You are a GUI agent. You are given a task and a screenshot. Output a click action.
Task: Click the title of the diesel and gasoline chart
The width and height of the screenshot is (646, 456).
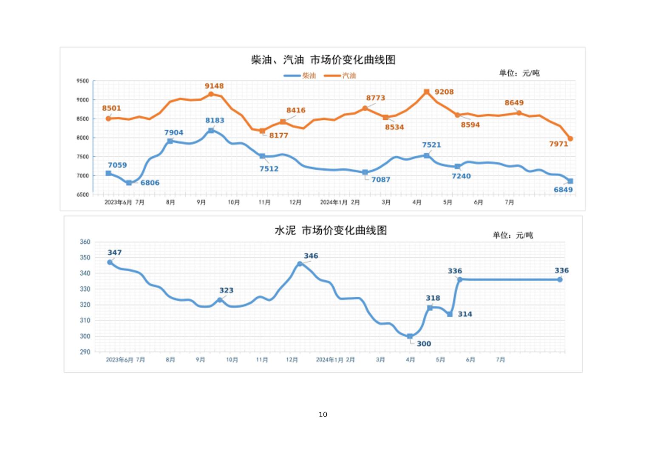click(323, 60)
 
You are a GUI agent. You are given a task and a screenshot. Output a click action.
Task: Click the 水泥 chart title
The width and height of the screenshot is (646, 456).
click(331, 231)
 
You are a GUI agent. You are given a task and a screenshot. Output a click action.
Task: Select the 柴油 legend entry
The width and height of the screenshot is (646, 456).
click(300, 76)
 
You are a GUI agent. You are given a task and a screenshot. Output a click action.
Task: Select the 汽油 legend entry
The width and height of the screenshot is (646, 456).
click(340, 76)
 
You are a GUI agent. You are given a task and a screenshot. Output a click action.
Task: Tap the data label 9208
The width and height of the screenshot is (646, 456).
click(444, 92)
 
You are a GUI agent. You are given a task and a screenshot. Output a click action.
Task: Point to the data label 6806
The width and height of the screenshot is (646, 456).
click(150, 183)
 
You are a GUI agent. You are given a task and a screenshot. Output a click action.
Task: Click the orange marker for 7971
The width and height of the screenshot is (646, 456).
click(570, 139)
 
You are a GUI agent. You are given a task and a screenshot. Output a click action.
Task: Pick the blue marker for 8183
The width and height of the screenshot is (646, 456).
click(211, 131)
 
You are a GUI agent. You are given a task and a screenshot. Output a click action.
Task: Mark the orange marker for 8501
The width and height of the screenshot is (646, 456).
click(108, 119)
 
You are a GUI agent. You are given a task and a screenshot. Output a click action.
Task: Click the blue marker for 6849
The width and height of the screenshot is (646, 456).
click(570, 181)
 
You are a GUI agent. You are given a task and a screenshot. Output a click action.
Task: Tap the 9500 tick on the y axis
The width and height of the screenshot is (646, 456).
click(83, 81)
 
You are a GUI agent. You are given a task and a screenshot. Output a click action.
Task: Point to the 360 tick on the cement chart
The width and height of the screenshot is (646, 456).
click(85, 242)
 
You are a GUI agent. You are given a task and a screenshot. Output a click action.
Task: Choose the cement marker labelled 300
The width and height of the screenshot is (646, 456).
click(410, 336)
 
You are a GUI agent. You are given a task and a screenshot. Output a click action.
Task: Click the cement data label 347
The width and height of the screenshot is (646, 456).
click(115, 253)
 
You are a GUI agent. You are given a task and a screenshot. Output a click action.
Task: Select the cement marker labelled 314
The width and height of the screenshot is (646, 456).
click(450, 315)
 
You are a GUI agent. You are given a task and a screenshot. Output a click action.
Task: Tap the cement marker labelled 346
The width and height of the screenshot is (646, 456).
click(300, 264)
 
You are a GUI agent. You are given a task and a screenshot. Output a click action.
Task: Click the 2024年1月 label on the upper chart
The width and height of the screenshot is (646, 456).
click(334, 203)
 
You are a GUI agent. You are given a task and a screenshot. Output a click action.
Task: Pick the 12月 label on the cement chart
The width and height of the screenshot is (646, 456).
click(292, 360)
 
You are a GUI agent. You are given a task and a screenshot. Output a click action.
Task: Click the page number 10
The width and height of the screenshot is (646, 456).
click(323, 414)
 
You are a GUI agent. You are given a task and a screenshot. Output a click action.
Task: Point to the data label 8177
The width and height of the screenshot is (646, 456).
click(279, 135)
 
